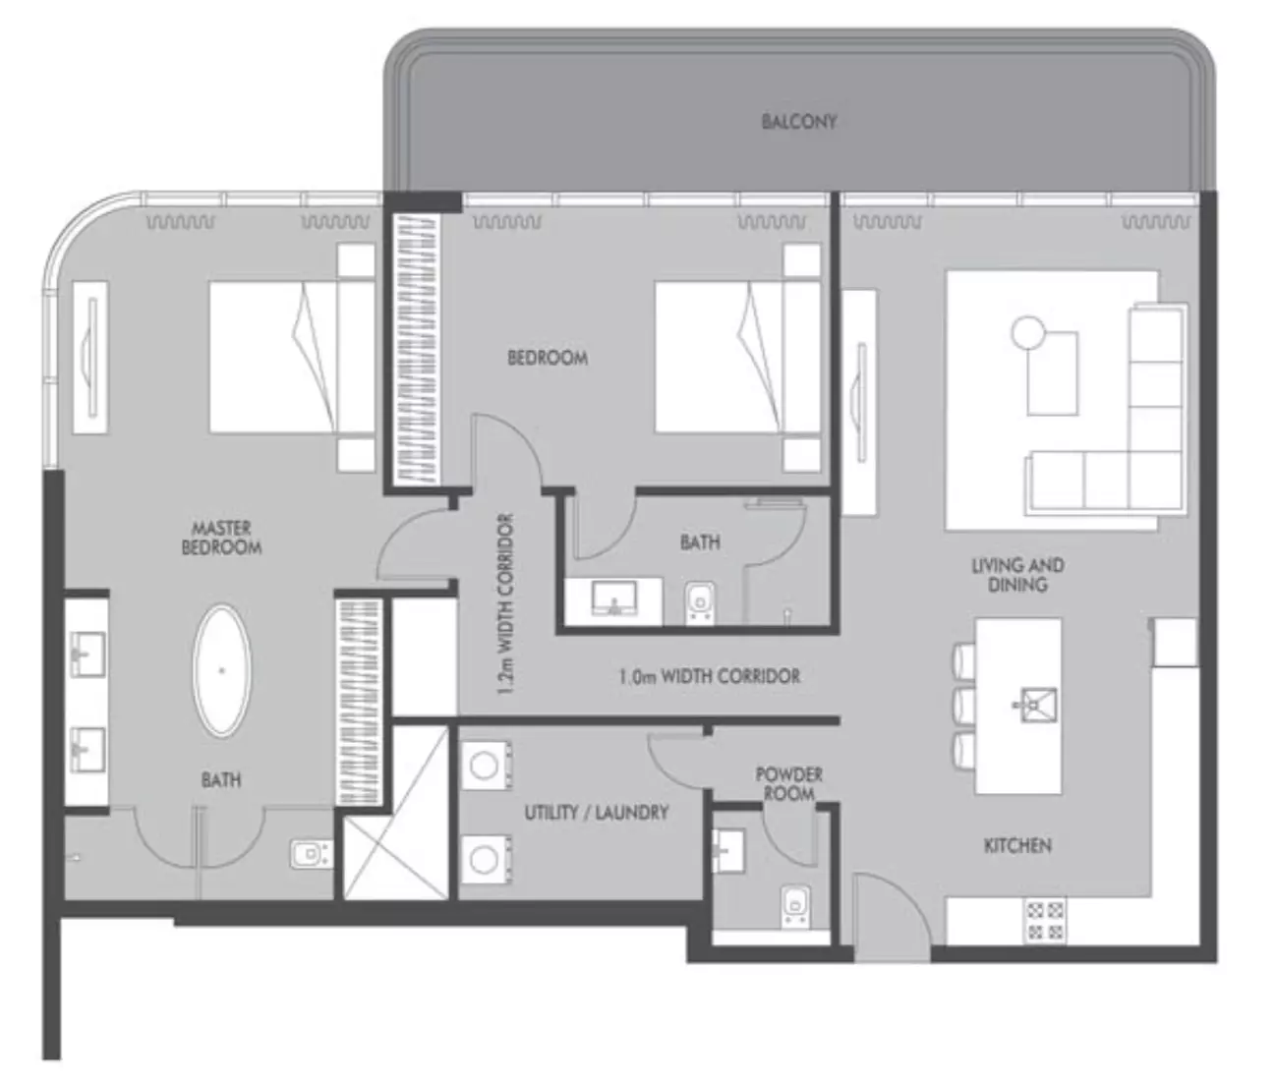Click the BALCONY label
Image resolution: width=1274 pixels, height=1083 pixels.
click(x=799, y=121)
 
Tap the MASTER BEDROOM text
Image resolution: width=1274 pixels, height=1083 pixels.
click(x=221, y=538)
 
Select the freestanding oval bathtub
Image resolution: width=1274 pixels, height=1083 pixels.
click(x=222, y=671)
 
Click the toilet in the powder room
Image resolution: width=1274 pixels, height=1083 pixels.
click(x=795, y=906)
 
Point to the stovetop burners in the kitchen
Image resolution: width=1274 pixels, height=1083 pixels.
click(x=1045, y=921)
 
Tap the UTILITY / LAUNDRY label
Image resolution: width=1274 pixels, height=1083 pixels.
click(x=596, y=813)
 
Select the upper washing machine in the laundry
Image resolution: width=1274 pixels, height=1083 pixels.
click(x=486, y=766)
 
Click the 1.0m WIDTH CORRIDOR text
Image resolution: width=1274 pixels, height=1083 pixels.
click(x=710, y=676)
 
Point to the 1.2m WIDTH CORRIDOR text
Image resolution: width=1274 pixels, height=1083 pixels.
click(x=505, y=604)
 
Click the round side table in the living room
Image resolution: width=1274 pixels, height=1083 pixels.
click(x=1027, y=332)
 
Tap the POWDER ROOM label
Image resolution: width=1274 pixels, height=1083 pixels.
click(x=789, y=783)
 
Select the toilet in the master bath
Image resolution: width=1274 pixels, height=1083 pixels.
click(x=312, y=854)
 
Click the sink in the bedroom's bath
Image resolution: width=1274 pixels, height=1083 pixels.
click(x=613, y=598)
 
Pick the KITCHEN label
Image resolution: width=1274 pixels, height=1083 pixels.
click(x=1017, y=846)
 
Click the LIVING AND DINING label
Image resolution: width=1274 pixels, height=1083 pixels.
click(x=1017, y=575)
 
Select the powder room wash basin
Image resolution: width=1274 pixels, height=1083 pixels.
click(x=728, y=850)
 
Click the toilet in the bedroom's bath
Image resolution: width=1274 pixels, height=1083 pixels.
click(x=700, y=601)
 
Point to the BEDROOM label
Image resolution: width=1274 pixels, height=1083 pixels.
click(x=548, y=358)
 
